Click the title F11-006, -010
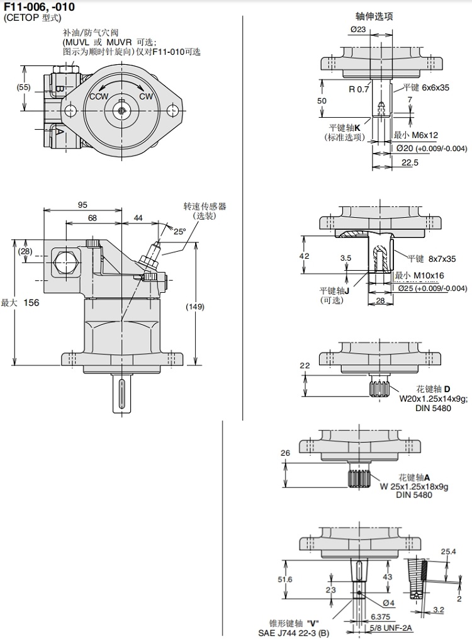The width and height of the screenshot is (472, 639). pos(39,7)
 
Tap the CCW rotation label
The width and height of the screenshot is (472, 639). pos(99,96)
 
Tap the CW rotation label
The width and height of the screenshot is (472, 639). pos(146,96)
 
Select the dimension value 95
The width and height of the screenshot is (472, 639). pos(82,205)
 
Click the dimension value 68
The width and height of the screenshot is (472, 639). pos(93,218)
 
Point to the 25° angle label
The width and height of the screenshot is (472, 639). pos(180,231)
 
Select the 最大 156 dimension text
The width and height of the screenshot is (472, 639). pos(20,303)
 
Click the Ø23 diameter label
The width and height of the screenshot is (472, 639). pos(358,29)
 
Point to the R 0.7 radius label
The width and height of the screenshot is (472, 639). pos(359,89)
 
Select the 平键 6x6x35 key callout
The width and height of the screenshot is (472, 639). pos(422,89)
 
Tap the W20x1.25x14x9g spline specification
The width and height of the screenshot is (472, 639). pos(430,398)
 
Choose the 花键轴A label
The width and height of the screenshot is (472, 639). pos(415,477)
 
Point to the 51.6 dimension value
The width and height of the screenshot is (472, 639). pos(286,579)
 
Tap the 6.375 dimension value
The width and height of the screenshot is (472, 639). pos(380,617)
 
